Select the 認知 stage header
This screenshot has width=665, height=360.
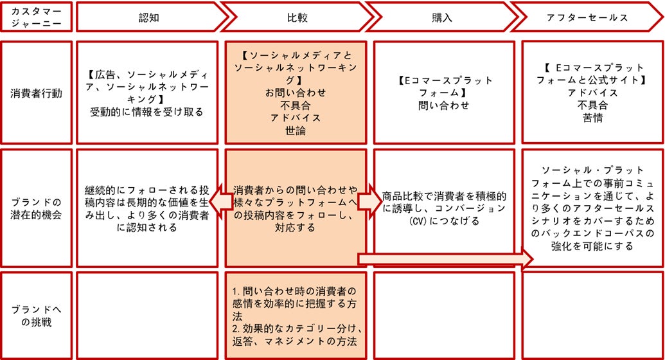148,17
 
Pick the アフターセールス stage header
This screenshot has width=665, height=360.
586,17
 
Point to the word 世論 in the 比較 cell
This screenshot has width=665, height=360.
295,130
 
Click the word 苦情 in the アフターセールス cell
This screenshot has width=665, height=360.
592,116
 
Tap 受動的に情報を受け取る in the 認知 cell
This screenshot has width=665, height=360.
147,112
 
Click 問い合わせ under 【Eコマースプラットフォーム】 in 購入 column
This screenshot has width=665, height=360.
444,105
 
